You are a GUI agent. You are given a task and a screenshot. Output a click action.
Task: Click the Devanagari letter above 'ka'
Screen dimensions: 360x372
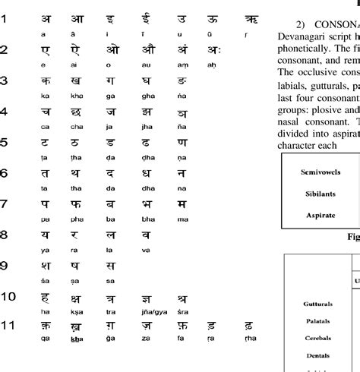[46, 102]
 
